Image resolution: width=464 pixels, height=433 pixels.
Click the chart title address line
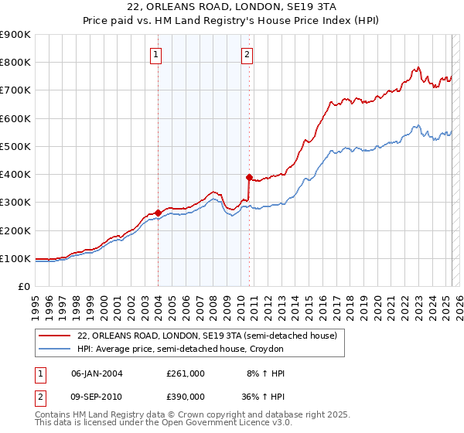pos(231,7)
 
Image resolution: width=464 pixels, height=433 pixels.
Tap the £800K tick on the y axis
pos(15,63)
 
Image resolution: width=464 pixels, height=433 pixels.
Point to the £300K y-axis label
pos(15,203)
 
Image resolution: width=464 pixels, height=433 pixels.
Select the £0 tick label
pos(23,287)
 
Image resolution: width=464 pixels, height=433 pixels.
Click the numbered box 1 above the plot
pos(156,54)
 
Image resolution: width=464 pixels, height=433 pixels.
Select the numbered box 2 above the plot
pos(247,54)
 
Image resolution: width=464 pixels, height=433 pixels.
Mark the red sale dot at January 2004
pos(158,213)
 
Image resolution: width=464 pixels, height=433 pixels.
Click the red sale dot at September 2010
pos(249,176)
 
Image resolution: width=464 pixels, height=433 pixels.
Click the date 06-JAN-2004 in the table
pos(97,373)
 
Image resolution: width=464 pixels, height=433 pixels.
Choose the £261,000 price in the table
pos(186,373)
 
